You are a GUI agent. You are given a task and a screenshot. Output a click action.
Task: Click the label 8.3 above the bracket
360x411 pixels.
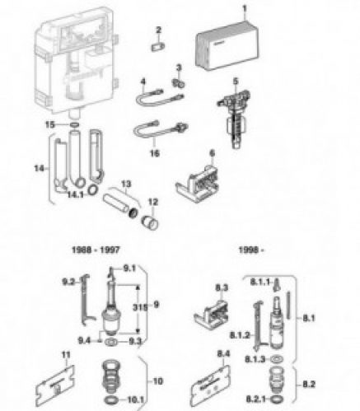[220, 286]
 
